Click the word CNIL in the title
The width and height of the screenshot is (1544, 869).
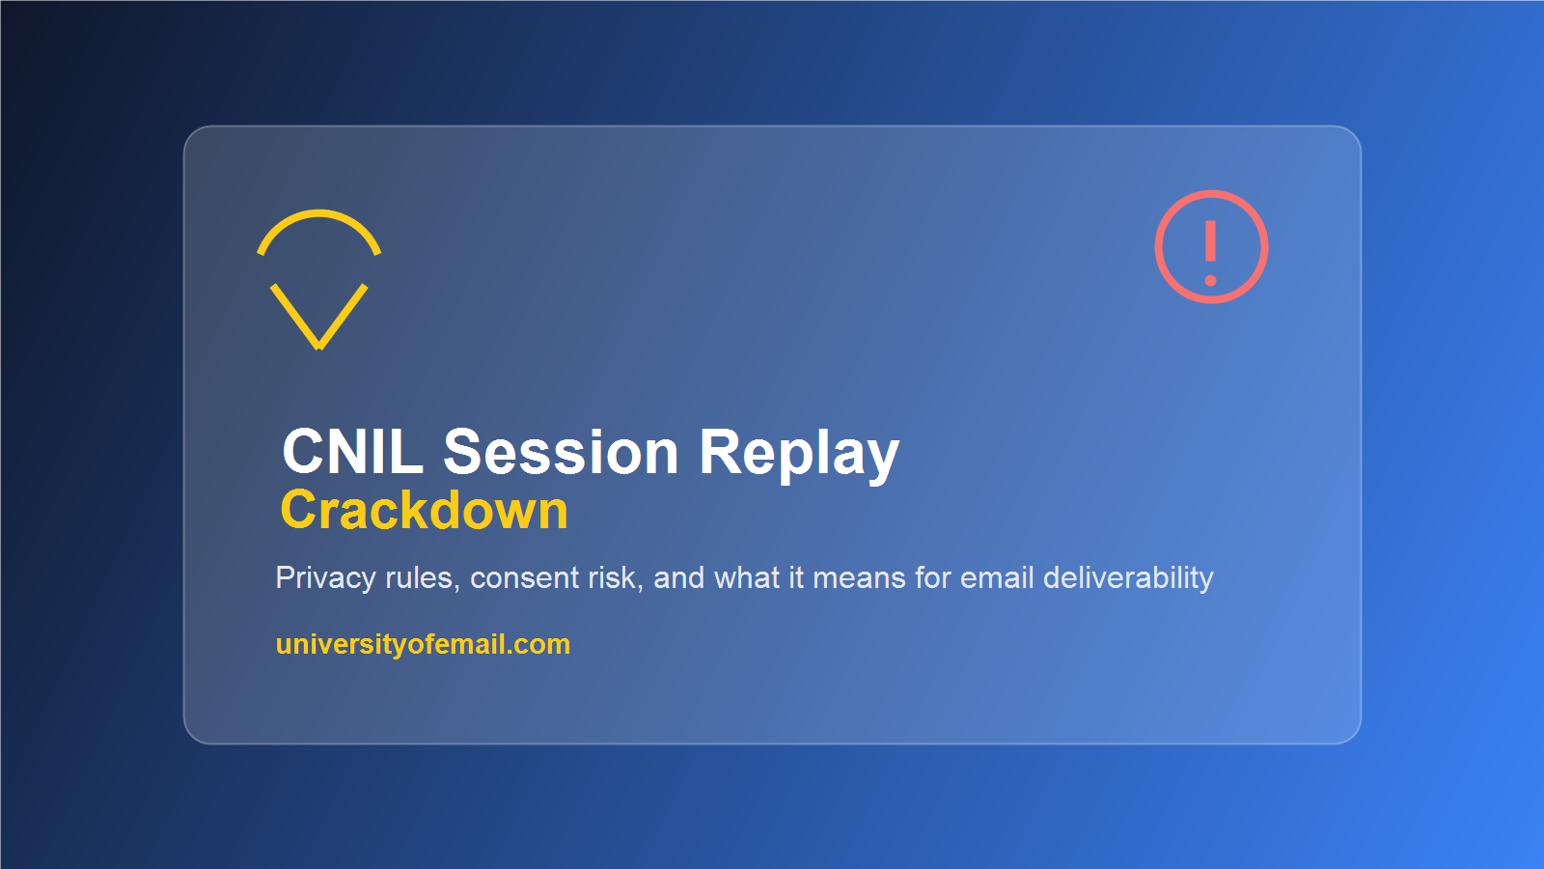point(352,452)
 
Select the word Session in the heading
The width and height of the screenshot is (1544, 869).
point(561,452)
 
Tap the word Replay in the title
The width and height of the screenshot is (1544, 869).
point(800,455)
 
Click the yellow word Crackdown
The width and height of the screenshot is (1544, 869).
point(424,510)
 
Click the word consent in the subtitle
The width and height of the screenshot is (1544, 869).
point(525,578)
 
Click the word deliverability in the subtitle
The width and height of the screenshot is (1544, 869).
point(1128,579)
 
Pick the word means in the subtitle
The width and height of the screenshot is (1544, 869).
point(859,579)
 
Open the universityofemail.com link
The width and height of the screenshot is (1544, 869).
point(423,645)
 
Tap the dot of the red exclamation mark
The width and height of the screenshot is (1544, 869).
point(1210,281)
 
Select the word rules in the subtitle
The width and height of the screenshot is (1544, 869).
point(423,578)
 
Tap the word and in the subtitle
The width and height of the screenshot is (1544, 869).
point(679,578)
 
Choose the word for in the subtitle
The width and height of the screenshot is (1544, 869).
point(932,578)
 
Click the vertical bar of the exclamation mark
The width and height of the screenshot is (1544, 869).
point(1210,241)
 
